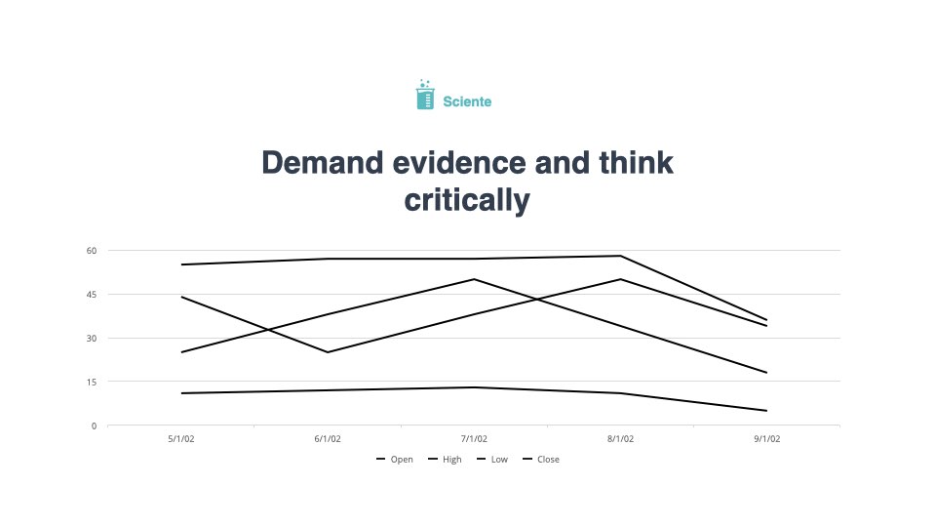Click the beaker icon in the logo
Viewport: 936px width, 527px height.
pos(425,95)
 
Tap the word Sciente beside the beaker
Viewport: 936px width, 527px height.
pos(467,101)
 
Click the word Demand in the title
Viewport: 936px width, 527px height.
pos(323,163)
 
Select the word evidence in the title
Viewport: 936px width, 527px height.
pos(459,163)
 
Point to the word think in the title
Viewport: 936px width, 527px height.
pos(637,163)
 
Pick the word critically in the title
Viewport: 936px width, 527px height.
pos(467,201)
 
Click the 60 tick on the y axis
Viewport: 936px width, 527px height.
pos(92,251)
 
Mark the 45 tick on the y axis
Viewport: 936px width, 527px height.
pos(92,294)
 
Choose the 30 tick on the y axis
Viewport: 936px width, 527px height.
pos(92,339)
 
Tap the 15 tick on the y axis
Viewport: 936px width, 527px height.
pos(92,382)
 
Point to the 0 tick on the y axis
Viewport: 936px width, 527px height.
pos(94,426)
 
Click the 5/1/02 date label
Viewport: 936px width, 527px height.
pos(181,438)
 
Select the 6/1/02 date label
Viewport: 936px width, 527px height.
pos(328,438)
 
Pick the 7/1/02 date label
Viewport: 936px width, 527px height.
pos(474,438)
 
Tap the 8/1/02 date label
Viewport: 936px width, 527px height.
pos(620,438)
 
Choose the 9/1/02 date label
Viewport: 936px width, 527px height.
pos(767,438)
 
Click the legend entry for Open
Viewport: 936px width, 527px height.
pos(395,459)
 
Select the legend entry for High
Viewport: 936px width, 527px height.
pos(445,459)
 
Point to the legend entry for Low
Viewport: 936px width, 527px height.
pos(492,459)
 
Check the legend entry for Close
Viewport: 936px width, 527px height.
pos(541,459)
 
